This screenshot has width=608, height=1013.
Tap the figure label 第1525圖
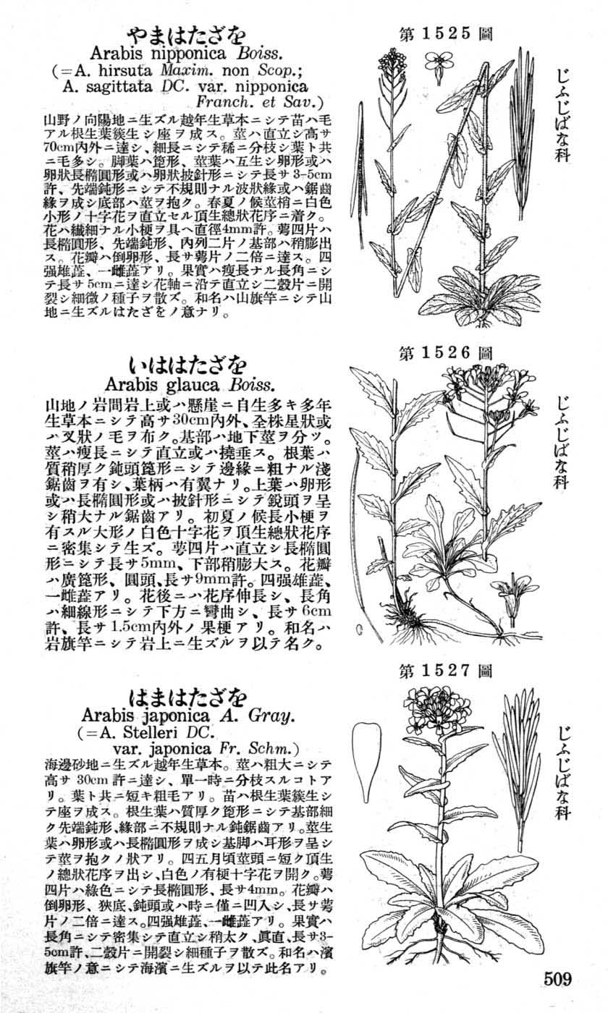point(446,33)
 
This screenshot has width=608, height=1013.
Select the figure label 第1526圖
point(446,354)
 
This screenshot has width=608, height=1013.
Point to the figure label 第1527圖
point(446,671)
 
